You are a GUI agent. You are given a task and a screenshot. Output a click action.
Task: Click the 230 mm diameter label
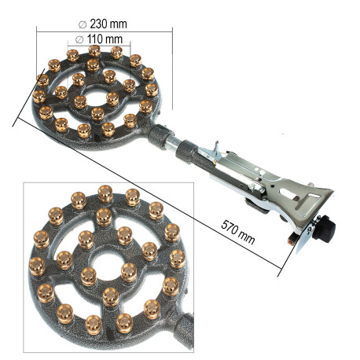tap(103, 24)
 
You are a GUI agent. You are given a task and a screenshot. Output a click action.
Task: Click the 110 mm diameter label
tap(99, 39)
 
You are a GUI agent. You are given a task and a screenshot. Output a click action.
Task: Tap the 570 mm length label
tap(238, 232)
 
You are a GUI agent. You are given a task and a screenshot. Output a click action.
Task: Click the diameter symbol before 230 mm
tap(83, 25)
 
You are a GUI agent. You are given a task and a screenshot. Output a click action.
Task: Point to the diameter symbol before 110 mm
tap(79, 40)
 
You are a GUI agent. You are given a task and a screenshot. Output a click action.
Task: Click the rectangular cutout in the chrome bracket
tap(309, 203)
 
